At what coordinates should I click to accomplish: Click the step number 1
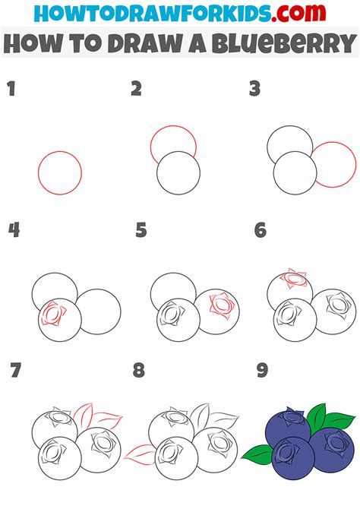point(11,89)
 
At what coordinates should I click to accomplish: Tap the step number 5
point(141,230)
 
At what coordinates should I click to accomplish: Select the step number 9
point(262,371)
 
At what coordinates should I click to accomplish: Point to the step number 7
point(16,371)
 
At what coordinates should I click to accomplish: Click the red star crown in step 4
point(53,313)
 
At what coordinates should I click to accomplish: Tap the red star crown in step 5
point(222,305)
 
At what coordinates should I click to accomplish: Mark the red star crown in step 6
point(294,279)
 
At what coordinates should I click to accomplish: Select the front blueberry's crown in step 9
point(286,451)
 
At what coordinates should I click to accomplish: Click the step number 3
point(254,89)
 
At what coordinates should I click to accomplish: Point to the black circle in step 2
point(178,173)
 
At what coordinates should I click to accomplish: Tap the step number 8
point(139,371)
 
